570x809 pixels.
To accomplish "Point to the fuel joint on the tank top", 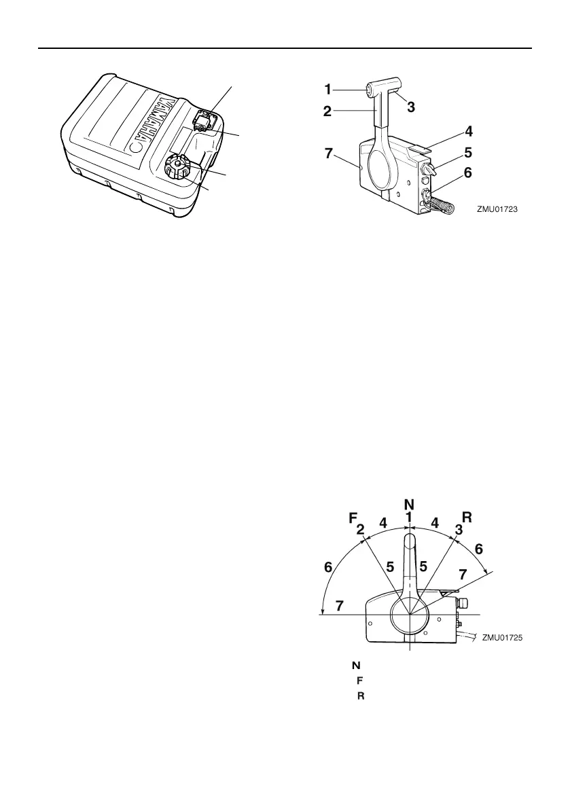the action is point(203,121).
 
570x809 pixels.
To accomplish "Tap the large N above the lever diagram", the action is point(409,505).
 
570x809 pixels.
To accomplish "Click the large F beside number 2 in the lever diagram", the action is point(353,518).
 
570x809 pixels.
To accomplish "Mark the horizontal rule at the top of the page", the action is point(285,49).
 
